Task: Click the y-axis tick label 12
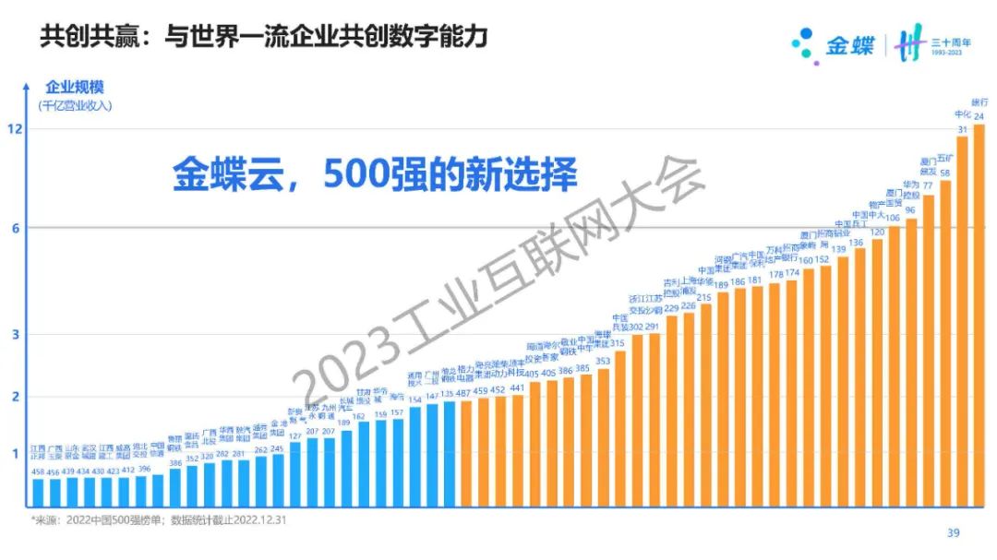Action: pos(15,130)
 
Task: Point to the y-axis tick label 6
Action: pos(16,228)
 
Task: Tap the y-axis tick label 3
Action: pos(16,334)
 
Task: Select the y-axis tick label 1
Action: pos(16,453)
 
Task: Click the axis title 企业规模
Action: pos(75,88)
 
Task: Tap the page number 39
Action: pos(954,532)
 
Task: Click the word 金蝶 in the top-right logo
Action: pos(849,44)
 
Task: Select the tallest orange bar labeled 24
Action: pos(979,314)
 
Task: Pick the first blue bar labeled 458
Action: pos(38,492)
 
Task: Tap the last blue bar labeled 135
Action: pos(450,453)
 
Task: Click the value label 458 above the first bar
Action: pos(38,471)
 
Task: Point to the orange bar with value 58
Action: pos(945,341)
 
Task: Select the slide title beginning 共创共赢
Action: pos(263,38)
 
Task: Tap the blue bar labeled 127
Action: pos(295,473)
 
